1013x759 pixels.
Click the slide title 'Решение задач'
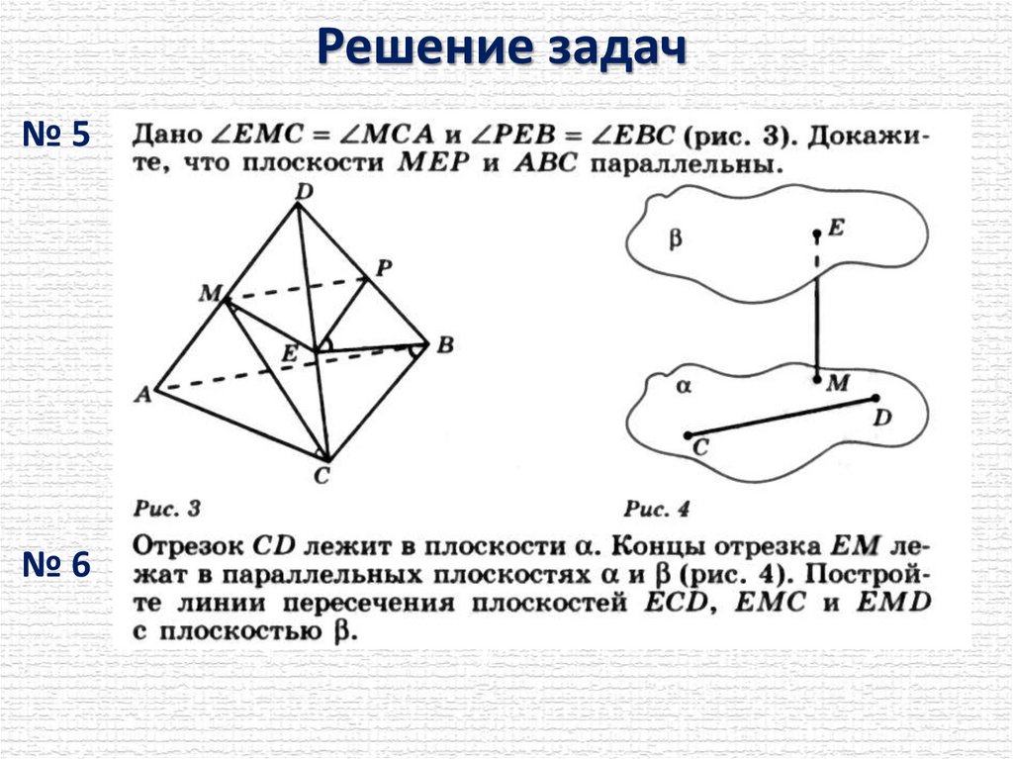click(504, 47)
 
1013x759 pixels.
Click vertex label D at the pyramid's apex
click(304, 190)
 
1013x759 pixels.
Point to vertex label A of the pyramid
click(142, 394)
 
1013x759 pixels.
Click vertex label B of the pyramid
click(445, 345)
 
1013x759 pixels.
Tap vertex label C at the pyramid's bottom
click(323, 476)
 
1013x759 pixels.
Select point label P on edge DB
click(385, 266)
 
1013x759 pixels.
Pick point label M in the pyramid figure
click(210, 292)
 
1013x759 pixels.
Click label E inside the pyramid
click(289, 353)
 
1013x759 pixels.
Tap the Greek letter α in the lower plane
click(683, 387)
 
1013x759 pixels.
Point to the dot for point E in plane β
click(815, 236)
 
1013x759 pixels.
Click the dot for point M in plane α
click(815, 378)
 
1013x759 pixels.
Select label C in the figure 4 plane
click(700, 448)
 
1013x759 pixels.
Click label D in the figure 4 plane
click(882, 418)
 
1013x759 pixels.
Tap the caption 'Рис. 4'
click(657, 509)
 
